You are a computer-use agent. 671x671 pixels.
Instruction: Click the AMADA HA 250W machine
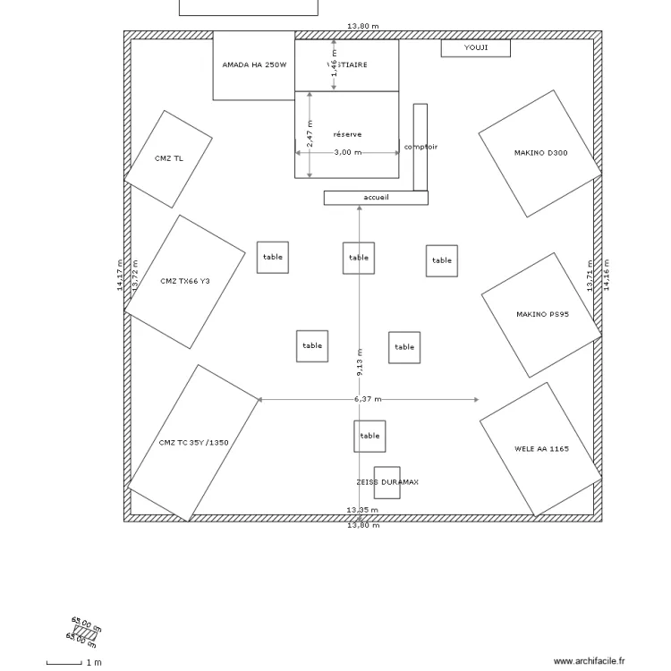[253, 65]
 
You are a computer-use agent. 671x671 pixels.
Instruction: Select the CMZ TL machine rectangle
[167, 159]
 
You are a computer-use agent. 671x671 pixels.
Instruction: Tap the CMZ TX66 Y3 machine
[184, 282]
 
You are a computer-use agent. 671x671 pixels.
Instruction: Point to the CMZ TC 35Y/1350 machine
[193, 443]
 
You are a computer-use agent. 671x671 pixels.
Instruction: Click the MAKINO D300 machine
[540, 153]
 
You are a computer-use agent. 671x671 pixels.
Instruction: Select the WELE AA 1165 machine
[540, 449]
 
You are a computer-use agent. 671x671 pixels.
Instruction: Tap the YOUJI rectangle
[475, 47]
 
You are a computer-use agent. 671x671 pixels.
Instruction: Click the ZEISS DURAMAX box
[386, 482]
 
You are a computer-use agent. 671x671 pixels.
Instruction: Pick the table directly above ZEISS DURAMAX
[369, 436]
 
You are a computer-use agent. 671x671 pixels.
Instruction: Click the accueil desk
[376, 198]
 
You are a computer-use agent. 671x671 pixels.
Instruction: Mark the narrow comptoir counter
[420, 147]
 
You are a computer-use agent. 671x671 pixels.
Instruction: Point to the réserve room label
[347, 134]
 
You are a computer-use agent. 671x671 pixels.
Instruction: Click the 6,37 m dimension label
[368, 399]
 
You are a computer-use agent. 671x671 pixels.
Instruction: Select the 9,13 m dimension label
[360, 361]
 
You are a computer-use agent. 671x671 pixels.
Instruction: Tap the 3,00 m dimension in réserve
[347, 152]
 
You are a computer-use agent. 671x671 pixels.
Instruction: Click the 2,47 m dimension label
[310, 134]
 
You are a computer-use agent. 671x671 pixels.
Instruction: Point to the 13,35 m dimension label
[362, 510]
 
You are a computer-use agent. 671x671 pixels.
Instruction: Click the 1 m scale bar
[64, 663]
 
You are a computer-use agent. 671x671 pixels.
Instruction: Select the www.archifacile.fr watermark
[590, 661]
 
